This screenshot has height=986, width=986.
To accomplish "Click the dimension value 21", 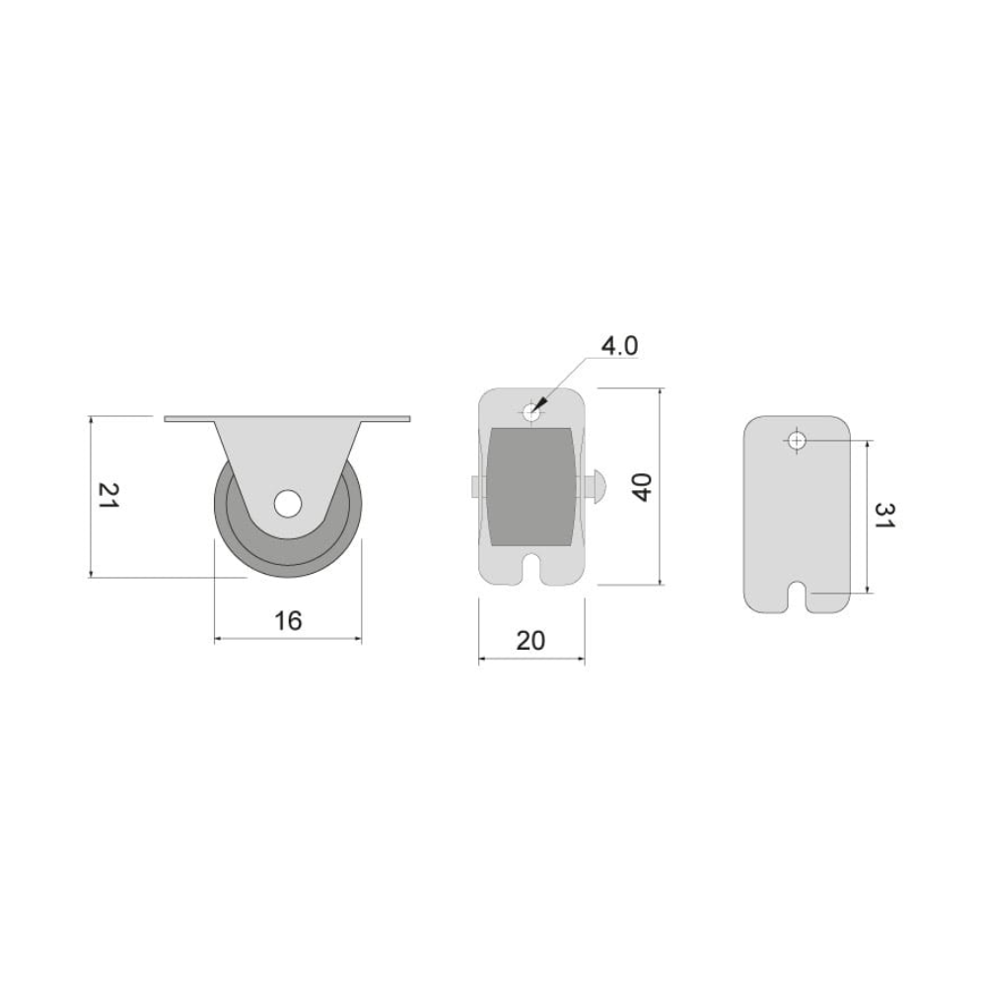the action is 107,496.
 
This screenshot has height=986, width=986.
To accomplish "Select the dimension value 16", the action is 288,620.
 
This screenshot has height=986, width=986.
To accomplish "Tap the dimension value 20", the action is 530,641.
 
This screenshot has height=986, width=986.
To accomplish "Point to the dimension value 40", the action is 642,487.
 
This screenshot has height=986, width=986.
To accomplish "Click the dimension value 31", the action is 883,515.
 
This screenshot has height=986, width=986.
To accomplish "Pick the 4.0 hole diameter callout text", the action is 619,346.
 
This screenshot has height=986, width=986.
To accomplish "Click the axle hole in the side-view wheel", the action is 287,504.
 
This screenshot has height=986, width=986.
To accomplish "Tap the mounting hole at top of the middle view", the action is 531,413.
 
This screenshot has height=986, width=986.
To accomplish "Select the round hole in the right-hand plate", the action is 797,441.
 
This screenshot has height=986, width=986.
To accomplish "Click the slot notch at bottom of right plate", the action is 798,597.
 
